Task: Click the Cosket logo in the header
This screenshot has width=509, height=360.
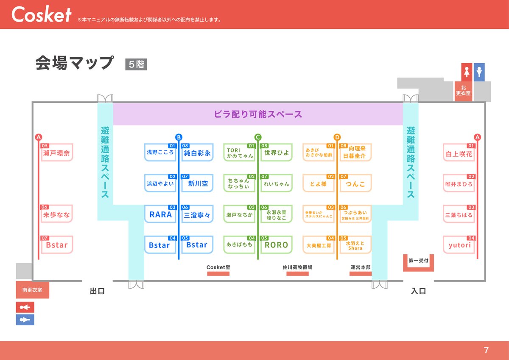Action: click(x=41, y=15)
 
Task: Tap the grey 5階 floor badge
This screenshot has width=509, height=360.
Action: click(x=136, y=65)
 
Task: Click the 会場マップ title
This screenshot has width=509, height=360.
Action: click(x=75, y=63)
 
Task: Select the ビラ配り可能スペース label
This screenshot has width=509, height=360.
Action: click(x=258, y=114)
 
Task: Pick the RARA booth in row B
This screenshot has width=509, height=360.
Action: click(x=160, y=215)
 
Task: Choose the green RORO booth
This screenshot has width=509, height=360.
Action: click(x=276, y=245)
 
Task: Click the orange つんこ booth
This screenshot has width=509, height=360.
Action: click(x=355, y=184)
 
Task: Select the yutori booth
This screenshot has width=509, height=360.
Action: click(x=460, y=245)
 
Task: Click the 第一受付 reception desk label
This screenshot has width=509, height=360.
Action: click(x=418, y=261)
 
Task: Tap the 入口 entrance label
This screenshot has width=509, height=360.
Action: click(x=418, y=291)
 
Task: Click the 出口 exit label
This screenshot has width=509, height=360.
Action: click(x=97, y=291)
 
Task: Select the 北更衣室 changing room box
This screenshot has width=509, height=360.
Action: click(x=463, y=90)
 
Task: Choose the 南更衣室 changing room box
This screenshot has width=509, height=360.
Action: click(x=32, y=291)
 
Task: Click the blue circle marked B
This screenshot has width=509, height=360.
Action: click(x=179, y=137)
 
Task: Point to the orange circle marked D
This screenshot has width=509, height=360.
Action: click(x=337, y=137)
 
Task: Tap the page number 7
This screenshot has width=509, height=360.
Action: click(x=486, y=350)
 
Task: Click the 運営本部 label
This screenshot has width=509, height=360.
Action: click(x=361, y=267)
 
